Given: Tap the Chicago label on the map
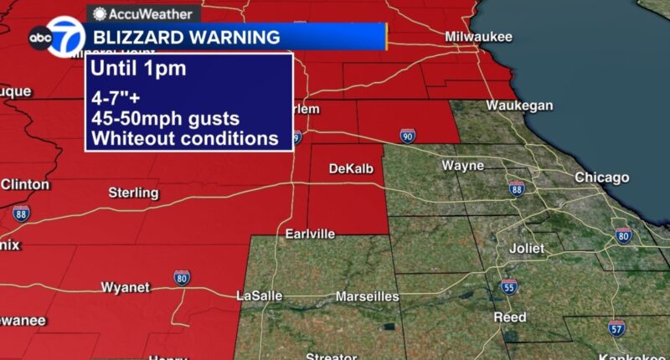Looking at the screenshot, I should [601, 177].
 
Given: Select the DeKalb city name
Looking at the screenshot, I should [349, 168].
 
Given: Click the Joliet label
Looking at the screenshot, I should [527, 249].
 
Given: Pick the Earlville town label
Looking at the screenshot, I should [310, 233].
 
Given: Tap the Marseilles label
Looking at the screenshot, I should [367, 296].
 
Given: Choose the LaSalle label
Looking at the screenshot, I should [260, 296].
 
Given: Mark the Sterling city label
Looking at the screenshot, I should [133, 193].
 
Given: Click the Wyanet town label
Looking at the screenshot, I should [125, 287].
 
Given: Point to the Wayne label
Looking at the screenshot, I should [462, 166].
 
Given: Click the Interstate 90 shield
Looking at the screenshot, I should [407, 136].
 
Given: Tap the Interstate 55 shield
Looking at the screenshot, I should [508, 286].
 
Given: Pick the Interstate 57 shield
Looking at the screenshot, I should [616, 328].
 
